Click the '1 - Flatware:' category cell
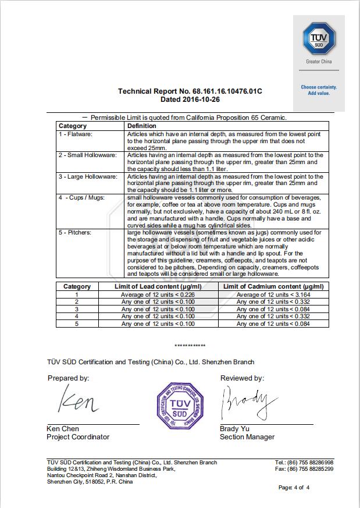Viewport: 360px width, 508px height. click(80, 134)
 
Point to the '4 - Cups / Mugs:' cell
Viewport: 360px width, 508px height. click(82, 197)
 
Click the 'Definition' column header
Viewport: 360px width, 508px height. click(142, 126)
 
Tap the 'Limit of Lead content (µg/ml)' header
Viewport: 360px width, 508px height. click(158, 286)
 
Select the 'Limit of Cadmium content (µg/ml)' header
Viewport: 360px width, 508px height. click(273, 286)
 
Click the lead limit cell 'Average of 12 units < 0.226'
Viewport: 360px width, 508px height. click(158, 294)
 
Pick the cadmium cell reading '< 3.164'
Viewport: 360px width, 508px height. click(273, 294)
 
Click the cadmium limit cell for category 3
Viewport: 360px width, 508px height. click(273, 309)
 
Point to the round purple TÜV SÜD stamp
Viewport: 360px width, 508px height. click(180, 405)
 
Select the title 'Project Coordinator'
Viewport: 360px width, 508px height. click(78, 437)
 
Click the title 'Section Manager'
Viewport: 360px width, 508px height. click(247, 437)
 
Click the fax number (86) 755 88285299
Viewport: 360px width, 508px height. click(312, 469)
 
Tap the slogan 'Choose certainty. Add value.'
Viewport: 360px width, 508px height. click(319, 90)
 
